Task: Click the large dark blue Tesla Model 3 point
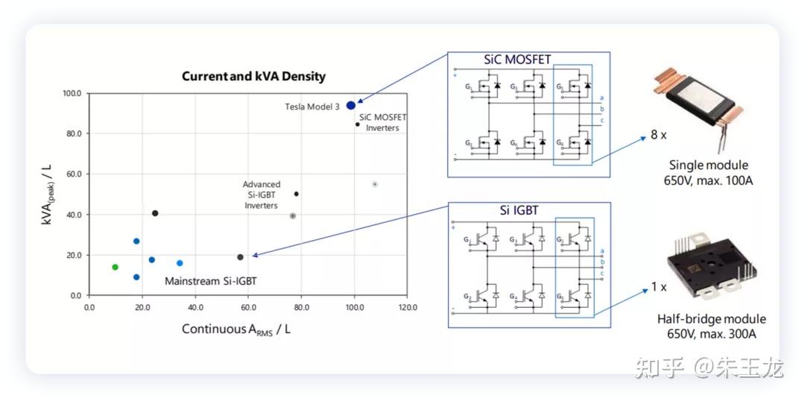[x=351, y=105]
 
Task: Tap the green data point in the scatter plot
[x=115, y=267]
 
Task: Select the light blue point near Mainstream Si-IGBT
[x=180, y=263]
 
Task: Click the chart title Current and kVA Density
[x=253, y=77]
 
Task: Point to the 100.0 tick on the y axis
[x=72, y=94]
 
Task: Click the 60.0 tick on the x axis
[x=248, y=307]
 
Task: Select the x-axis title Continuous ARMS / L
[x=236, y=329]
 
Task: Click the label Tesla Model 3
[x=312, y=107]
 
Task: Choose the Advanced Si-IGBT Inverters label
[x=261, y=195]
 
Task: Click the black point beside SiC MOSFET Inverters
[x=358, y=124]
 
